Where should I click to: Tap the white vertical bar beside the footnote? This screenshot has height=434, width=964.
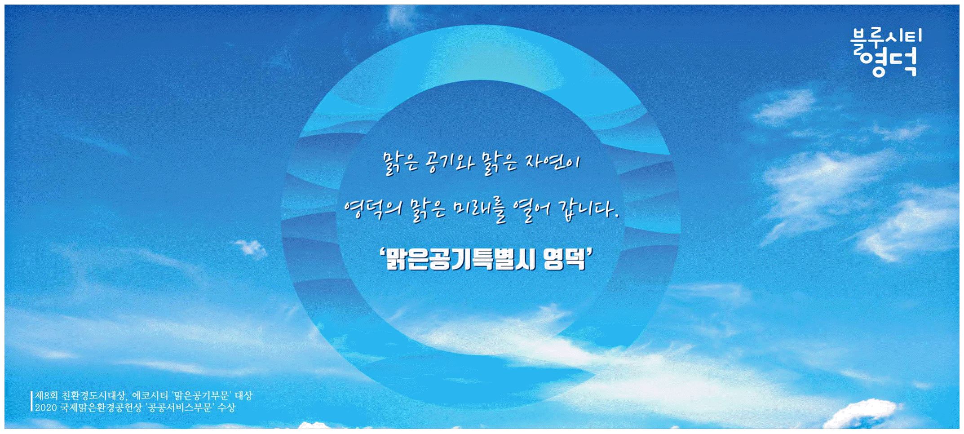click(x=32, y=402)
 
